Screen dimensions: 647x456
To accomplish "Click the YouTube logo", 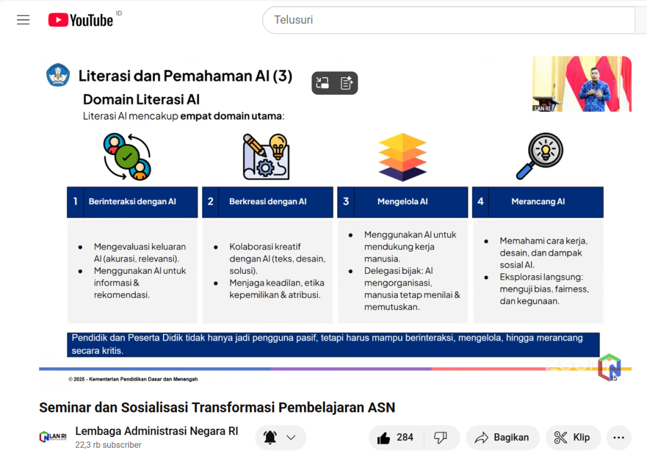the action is click(80, 20).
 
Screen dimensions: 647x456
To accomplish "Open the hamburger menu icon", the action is click(23, 20).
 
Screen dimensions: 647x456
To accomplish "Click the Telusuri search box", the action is click(449, 20).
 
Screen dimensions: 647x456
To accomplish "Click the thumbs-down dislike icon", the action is click(440, 438).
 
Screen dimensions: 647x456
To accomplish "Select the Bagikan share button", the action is click(502, 438).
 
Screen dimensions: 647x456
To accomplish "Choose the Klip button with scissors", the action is click(572, 438).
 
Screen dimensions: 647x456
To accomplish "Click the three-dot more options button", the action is click(619, 438).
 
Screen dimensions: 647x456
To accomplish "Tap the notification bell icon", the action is click(270, 438).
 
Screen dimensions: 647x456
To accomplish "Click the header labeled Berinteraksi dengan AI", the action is click(132, 202).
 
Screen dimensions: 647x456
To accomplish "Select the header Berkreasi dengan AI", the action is click(267, 202).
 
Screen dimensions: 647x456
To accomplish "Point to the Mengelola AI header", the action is click(402, 202).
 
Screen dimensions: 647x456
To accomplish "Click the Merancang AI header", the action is click(538, 202).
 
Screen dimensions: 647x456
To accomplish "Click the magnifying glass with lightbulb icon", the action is click(540, 156).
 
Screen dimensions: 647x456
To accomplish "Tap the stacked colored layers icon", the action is click(402, 157).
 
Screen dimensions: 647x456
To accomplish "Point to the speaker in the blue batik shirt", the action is click(593, 89).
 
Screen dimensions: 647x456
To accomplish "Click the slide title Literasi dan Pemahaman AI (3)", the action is click(185, 76).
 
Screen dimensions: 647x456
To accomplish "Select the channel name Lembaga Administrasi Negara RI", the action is click(157, 431).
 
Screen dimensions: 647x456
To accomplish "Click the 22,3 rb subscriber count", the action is click(108, 445).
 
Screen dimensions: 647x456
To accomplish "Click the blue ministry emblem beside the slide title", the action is click(57, 75).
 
